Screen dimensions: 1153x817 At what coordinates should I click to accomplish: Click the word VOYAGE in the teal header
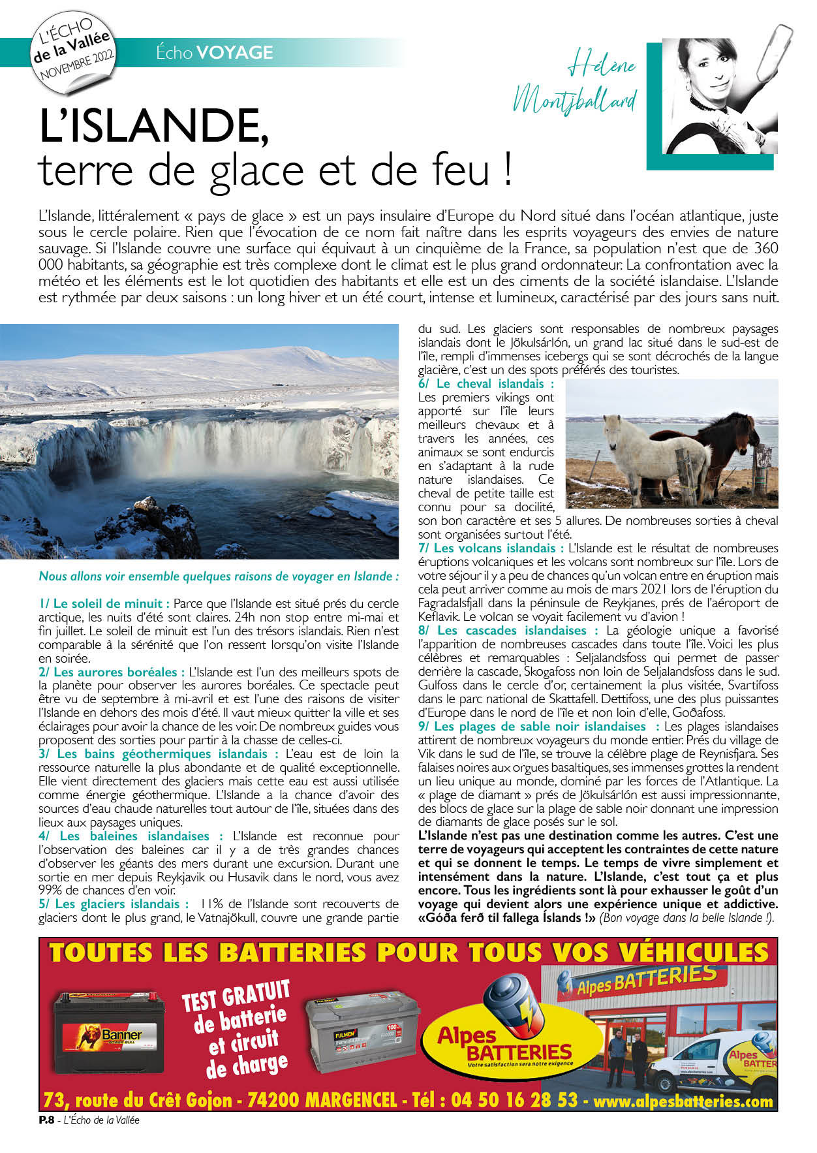click(234, 52)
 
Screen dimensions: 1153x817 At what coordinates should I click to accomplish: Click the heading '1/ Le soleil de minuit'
click(104, 604)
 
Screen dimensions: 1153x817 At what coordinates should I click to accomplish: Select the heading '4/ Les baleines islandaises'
click(131, 836)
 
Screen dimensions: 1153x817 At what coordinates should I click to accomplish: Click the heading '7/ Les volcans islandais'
click(491, 548)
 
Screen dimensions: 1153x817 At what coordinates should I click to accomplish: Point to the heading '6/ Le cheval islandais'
click(486, 384)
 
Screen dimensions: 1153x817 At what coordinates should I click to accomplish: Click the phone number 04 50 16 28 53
click(514, 1100)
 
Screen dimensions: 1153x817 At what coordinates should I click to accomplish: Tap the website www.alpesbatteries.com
click(683, 1101)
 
